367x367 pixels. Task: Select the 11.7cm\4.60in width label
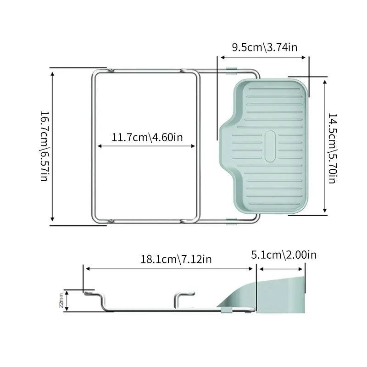pos(147,137)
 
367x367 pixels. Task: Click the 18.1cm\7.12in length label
pos(176,259)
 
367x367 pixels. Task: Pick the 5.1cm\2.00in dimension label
pos(284,255)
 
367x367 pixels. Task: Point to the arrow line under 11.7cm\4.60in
pos(147,146)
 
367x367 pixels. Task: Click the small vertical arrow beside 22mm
pos(67,300)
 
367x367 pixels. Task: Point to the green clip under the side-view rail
pos(226,311)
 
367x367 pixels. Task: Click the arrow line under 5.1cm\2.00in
pos(279,269)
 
